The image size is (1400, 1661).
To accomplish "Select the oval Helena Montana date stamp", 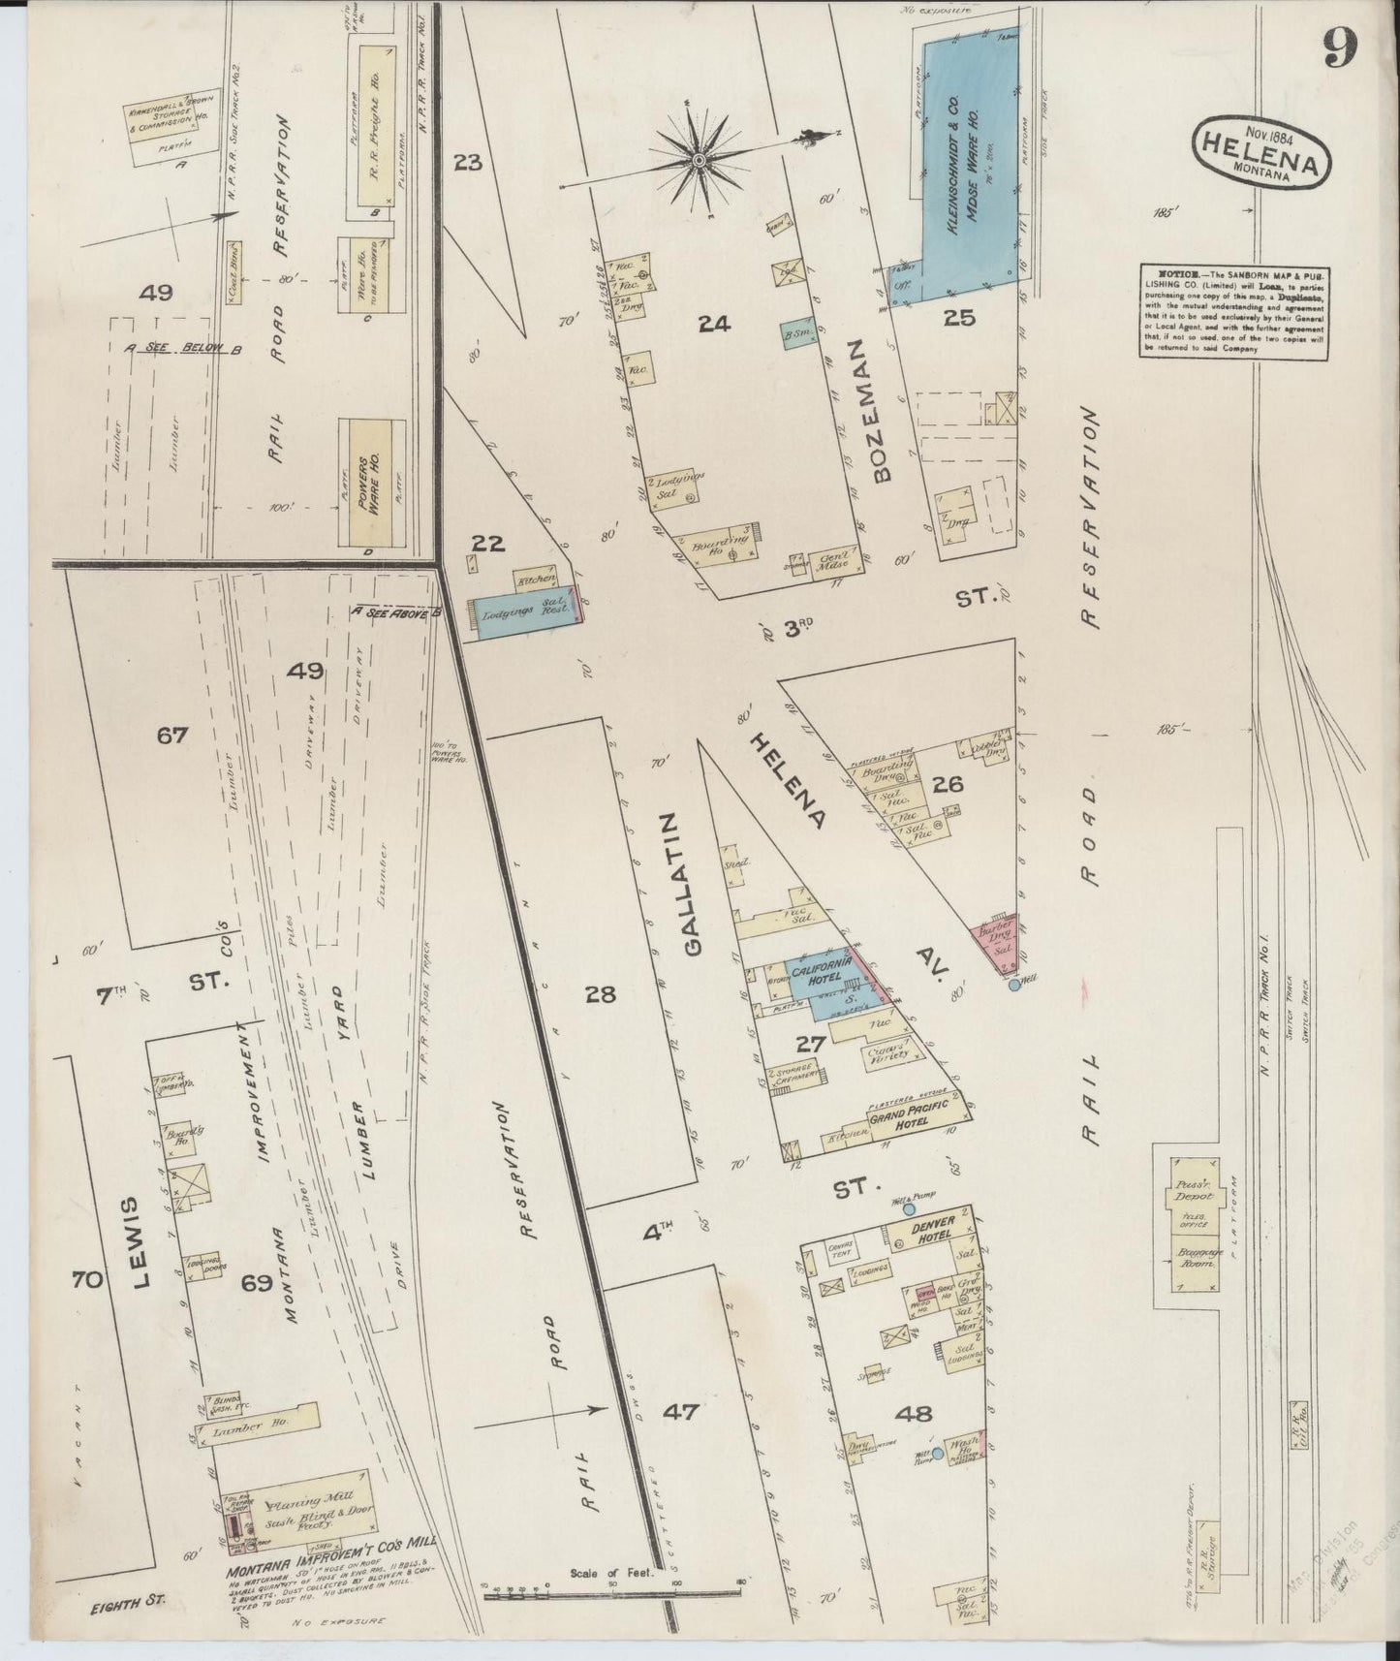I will [1260, 151].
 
